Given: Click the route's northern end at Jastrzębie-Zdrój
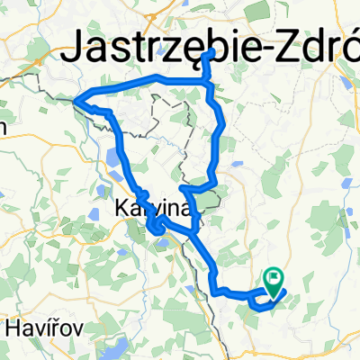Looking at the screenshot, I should tap(210, 53).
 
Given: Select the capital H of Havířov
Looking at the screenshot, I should tap(13, 328).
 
